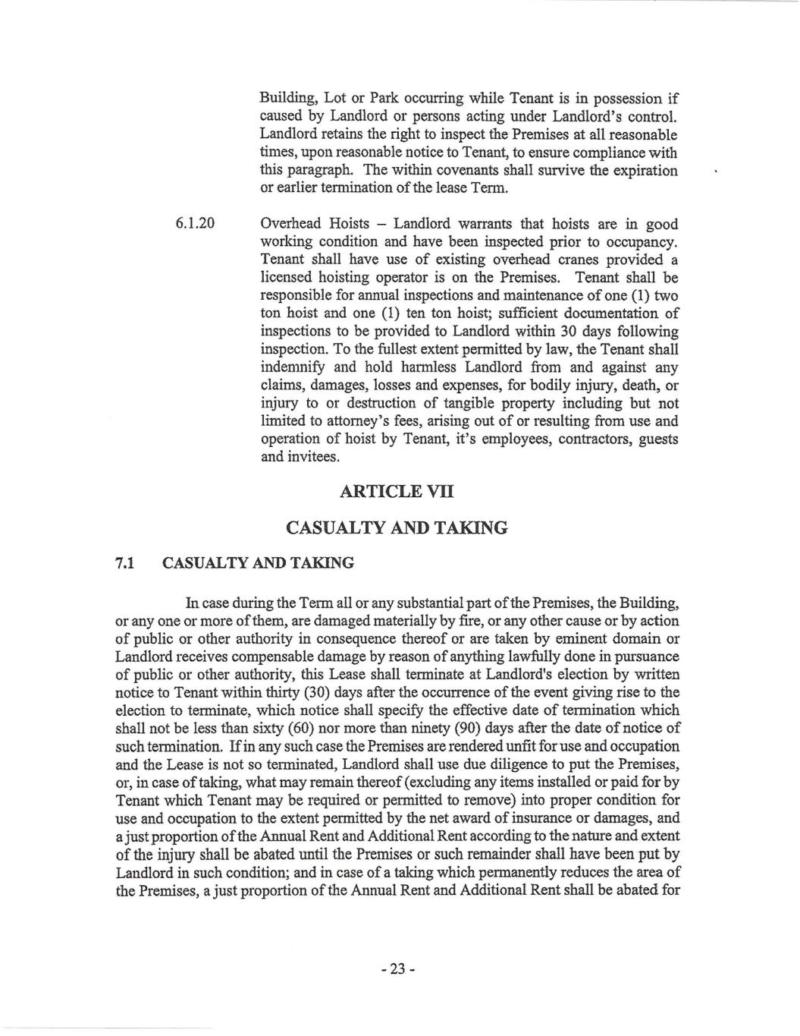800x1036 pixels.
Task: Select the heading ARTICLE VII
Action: click(397, 492)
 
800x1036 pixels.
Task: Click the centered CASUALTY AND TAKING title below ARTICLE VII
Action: click(396, 527)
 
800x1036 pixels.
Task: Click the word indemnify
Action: click(293, 367)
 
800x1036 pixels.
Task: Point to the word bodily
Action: click(560, 385)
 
